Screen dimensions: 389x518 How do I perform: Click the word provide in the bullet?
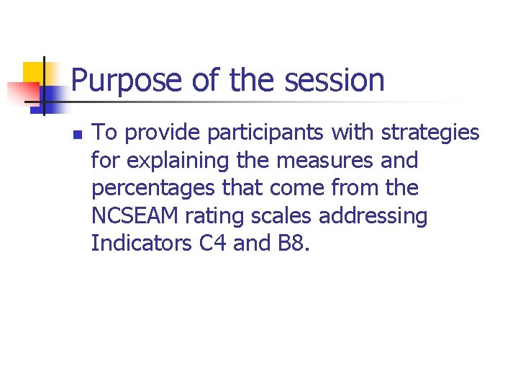tap(156, 133)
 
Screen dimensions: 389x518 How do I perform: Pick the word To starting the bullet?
tap(106, 133)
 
